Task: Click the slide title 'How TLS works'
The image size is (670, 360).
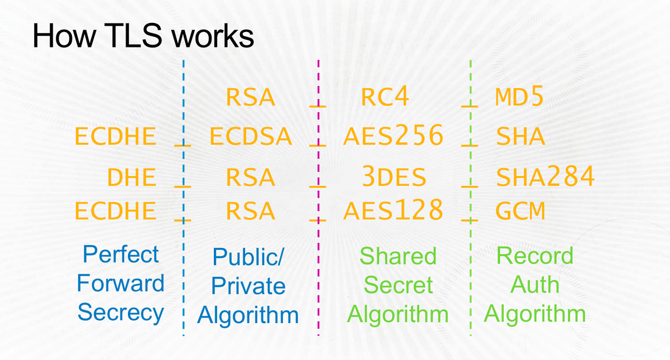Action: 143,36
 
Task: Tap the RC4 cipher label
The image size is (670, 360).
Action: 385,98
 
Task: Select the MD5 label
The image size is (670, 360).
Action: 519,98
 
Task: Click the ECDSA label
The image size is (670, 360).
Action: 251,136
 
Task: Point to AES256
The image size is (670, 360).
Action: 393,136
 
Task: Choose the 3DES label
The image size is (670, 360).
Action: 393,177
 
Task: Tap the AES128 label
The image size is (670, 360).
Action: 393,210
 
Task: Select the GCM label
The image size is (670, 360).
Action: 520,211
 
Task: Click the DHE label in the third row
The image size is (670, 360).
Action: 131,178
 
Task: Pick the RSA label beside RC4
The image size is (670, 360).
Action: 251,98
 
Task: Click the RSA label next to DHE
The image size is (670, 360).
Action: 251,178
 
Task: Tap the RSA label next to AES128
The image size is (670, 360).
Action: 251,211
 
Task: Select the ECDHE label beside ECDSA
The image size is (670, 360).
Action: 116,136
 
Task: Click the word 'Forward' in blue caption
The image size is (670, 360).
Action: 121,284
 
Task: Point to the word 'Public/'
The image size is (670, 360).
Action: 248,258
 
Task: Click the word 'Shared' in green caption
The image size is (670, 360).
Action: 398,256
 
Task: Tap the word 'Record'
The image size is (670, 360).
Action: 535,256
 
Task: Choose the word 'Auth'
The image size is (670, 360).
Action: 535,285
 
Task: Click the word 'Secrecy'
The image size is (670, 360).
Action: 121,313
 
